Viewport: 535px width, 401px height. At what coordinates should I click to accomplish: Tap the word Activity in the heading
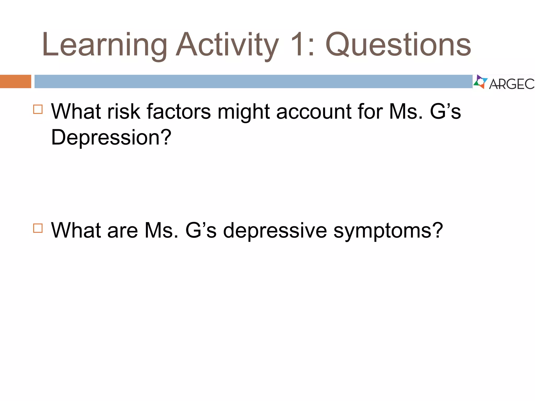coord(227,45)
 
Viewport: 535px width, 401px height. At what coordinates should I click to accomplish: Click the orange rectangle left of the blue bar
coord(15,81)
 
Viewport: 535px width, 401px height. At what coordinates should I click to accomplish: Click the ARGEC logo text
coord(511,84)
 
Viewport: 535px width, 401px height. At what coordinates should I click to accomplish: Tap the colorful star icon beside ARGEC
coord(480,82)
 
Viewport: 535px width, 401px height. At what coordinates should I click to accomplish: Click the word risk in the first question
coord(124,111)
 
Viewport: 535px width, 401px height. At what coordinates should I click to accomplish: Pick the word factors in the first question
coord(179,111)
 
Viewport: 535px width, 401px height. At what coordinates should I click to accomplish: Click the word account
coord(314,111)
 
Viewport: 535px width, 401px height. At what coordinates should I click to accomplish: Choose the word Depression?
coord(111,137)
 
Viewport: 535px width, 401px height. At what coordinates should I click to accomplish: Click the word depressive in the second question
coord(275,231)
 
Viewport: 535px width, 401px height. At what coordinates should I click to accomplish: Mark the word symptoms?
coord(388,231)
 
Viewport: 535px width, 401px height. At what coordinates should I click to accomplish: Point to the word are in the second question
coord(123,231)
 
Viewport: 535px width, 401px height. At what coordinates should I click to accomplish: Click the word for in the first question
coord(370,111)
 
